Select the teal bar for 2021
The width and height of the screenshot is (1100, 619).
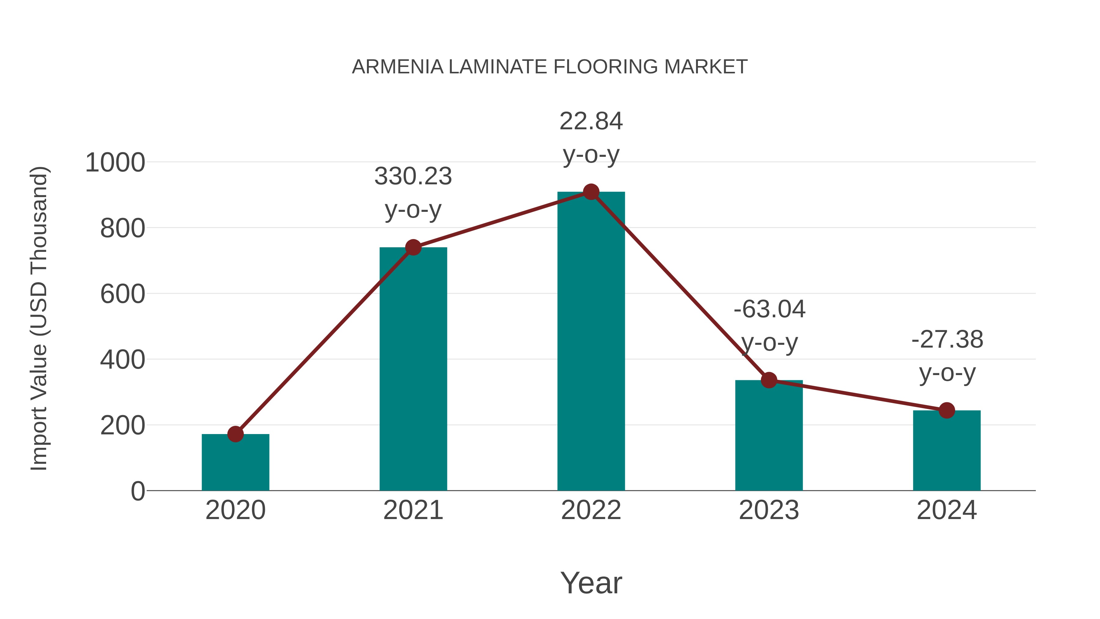coord(413,372)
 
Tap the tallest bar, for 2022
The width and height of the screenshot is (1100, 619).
coord(591,342)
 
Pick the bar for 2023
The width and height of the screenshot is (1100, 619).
coord(769,438)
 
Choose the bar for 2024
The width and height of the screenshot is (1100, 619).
coord(947,453)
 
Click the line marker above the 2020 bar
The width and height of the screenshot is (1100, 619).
coord(235,434)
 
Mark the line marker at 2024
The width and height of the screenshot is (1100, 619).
coord(947,411)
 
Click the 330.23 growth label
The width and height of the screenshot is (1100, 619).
coord(413,176)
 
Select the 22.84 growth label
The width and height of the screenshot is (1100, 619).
coord(591,121)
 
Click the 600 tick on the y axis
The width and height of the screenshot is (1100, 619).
coord(123,294)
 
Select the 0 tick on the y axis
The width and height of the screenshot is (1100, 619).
coord(137,491)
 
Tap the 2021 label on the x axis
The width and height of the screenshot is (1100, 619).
coord(413,510)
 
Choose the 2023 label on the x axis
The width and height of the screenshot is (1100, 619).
coord(769,510)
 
